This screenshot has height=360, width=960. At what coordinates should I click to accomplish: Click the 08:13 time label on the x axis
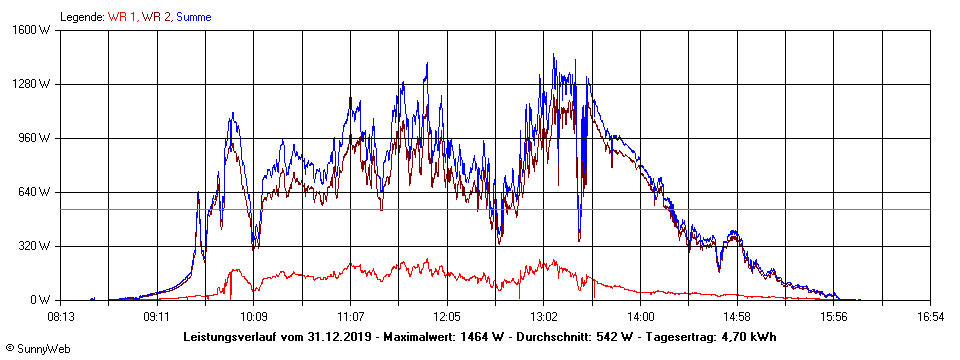tap(61, 316)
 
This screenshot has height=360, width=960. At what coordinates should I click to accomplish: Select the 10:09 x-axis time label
tap(254, 316)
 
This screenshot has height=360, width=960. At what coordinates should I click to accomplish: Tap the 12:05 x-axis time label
tap(447, 316)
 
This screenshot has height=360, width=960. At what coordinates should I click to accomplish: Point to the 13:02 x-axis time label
tap(543, 316)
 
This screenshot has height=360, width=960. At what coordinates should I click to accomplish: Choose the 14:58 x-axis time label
tap(737, 316)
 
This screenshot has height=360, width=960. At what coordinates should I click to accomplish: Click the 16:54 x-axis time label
tap(930, 316)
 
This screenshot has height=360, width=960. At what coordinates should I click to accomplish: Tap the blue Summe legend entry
tap(194, 17)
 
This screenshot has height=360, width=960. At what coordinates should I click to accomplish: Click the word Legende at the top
tap(81, 17)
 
